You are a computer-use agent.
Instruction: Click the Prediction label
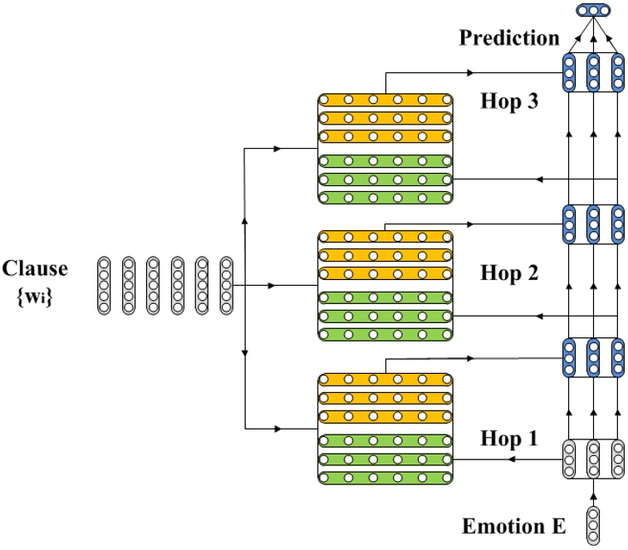click(509, 38)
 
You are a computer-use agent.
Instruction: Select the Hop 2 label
click(509, 273)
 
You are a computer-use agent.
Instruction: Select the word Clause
click(35, 268)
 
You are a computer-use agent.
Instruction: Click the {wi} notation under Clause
click(35, 293)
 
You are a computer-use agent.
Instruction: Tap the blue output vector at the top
click(593, 11)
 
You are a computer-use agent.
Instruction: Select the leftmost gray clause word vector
click(104, 285)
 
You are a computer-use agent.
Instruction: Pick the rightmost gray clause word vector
click(227, 285)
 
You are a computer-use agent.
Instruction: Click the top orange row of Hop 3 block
click(385, 100)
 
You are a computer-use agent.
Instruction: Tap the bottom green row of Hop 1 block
click(385, 478)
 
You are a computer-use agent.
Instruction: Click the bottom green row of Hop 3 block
click(385, 198)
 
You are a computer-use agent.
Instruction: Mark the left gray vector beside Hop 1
click(570, 458)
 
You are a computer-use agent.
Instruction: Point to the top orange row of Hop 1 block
click(385, 379)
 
